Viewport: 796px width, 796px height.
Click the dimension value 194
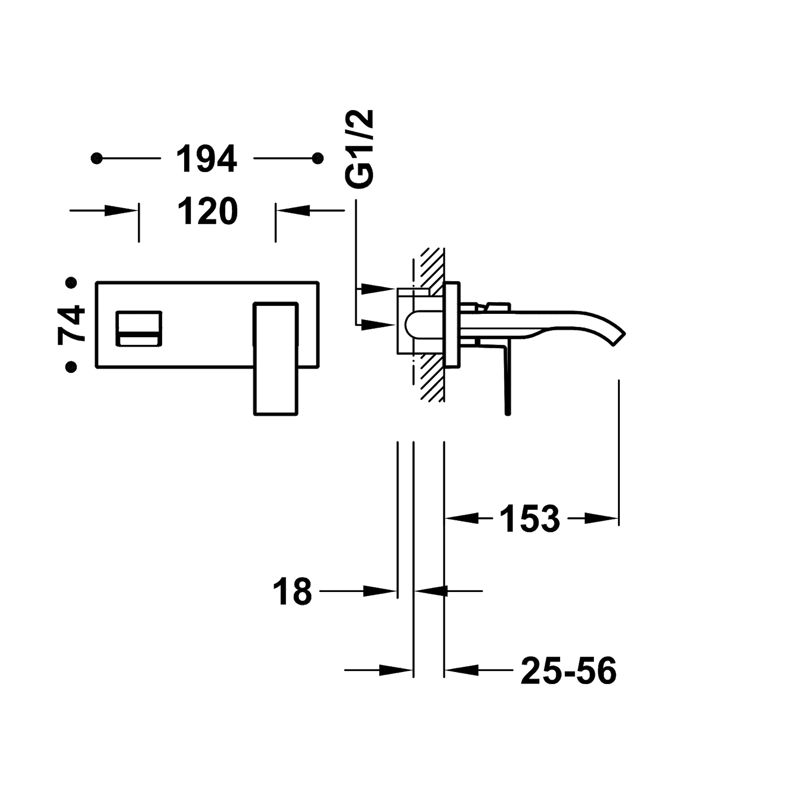coord(207,159)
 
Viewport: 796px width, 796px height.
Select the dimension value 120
coord(207,211)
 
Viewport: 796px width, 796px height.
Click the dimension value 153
coord(529,518)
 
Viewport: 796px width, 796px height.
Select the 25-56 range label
coord(569,671)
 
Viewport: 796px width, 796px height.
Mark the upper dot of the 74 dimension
coord(72,284)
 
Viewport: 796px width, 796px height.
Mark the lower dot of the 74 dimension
coord(72,367)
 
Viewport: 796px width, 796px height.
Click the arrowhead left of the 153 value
coord(461,518)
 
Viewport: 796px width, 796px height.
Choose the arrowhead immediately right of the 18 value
coord(381,591)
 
